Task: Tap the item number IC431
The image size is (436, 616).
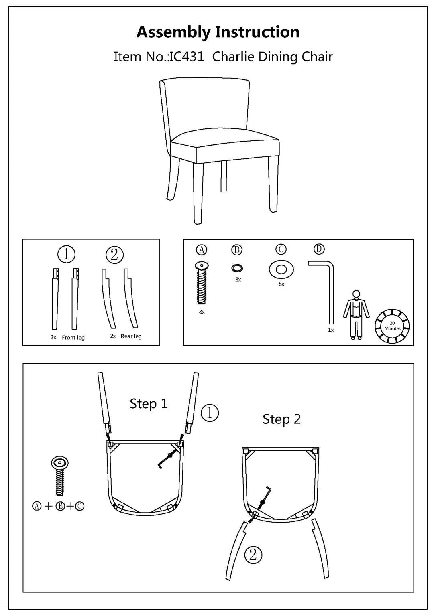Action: (187, 57)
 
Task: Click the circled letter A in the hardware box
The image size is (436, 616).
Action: (202, 250)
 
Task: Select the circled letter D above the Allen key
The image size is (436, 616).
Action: (319, 249)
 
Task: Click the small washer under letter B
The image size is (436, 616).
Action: (237, 268)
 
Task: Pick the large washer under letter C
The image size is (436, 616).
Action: (281, 269)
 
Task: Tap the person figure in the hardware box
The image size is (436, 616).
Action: (356, 315)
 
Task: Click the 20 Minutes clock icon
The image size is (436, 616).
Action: (392, 326)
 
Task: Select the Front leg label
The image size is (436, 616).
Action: (73, 338)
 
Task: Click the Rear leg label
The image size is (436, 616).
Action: (131, 336)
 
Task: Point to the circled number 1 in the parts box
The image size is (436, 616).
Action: (67, 254)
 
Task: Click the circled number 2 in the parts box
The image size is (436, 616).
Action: (114, 255)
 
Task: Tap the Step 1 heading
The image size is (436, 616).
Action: (149, 403)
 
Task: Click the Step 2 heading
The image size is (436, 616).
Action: (281, 419)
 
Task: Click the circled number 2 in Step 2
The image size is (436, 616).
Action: (253, 555)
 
